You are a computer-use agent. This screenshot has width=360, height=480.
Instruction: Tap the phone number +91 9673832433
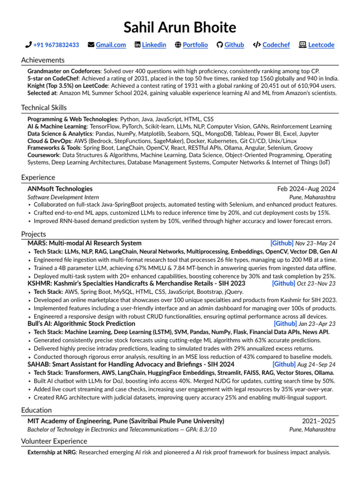56,45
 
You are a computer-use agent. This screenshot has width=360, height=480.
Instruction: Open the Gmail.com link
111,45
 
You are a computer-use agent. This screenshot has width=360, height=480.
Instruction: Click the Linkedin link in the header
154,45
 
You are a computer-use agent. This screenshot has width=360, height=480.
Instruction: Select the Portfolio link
195,45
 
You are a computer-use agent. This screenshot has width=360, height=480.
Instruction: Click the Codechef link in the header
276,45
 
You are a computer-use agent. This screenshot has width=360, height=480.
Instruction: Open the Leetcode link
321,45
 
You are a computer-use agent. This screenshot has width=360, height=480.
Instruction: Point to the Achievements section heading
43,60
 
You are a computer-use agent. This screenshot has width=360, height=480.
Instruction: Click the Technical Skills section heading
47,108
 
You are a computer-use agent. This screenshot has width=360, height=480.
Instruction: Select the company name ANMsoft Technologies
60,189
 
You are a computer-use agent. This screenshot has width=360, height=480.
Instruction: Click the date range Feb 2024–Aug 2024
306,189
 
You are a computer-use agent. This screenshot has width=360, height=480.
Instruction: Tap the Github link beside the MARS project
282,243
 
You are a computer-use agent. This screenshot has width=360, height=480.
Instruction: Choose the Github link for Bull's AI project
285,324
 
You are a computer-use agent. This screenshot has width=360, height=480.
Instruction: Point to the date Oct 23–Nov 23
316,284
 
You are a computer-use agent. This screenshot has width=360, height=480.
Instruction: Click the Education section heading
36,410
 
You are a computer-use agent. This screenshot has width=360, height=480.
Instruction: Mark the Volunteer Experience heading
54,441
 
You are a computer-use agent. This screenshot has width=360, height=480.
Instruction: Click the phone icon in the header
28,45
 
